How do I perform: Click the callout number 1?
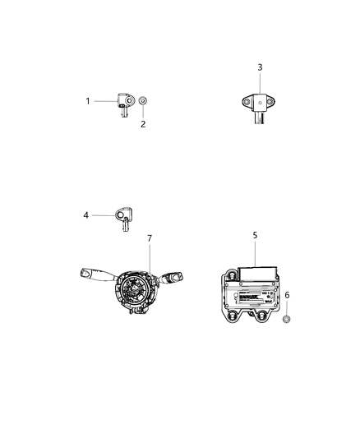coord(87,101)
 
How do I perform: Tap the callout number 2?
coord(143,124)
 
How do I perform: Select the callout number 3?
coord(260,67)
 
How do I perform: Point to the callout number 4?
coord(85,216)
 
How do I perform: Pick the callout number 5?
coord(255,235)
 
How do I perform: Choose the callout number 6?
coord(287,295)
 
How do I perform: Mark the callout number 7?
coord(150,238)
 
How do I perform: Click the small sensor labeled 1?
coord(124,105)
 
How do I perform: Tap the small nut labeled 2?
coord(143,102)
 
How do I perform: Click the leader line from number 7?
coord(148,257)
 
